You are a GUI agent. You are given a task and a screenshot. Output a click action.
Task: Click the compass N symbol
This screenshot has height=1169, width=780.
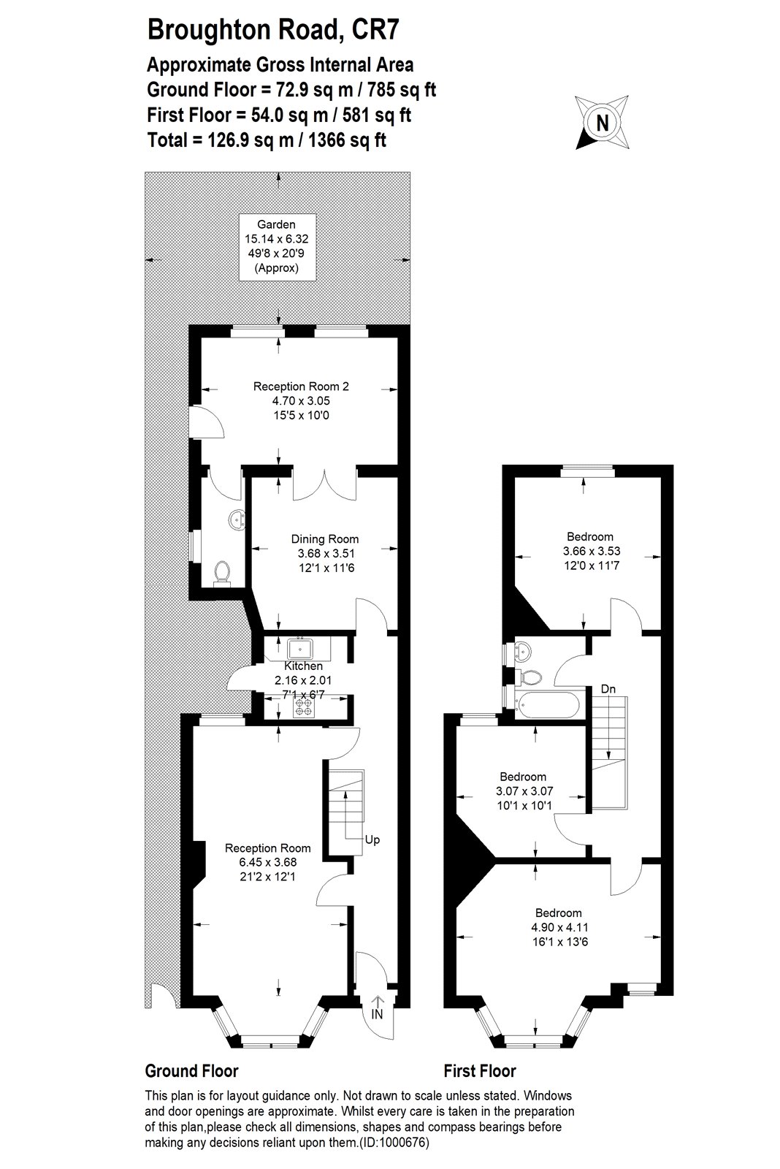point(603,123)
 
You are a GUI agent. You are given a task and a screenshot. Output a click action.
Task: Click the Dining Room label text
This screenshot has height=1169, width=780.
point(325,553)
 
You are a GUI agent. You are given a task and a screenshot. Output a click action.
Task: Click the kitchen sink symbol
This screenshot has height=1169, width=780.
point(299,648)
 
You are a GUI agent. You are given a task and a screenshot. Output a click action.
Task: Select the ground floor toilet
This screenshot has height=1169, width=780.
point(221,574)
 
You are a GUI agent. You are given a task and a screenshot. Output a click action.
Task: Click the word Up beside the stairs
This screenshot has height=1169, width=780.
point(372,839)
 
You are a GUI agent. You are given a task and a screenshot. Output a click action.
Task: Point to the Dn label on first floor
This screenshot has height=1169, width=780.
point(607,688)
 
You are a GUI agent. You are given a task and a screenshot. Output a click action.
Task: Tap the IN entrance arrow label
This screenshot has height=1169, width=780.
point(377,1015)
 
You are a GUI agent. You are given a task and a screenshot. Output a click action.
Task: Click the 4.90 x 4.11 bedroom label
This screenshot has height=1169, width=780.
point(559,927)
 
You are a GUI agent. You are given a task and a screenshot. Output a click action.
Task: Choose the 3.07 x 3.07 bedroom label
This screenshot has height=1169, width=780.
point(522,791)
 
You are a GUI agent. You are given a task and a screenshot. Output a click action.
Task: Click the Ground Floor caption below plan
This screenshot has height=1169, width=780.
point(191,1071)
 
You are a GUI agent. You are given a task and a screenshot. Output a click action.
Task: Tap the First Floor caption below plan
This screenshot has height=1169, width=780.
point(480,1071)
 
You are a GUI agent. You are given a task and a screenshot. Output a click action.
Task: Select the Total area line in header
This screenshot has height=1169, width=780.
point(267,140)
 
